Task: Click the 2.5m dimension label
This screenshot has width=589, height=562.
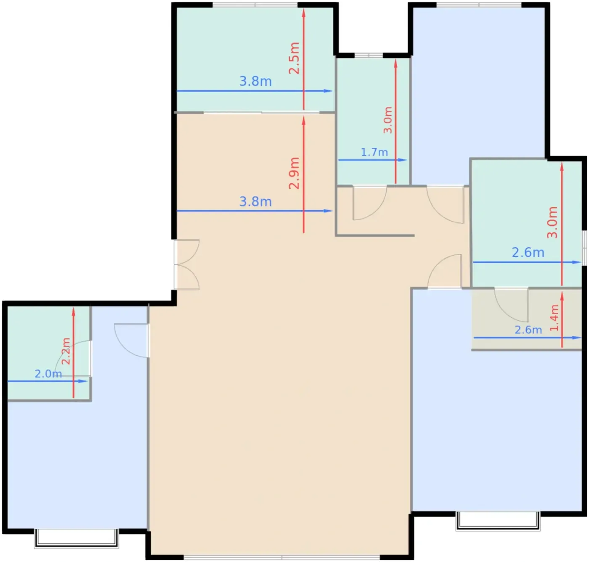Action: (294, 58)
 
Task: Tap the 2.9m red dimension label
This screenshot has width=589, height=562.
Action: (294, 173)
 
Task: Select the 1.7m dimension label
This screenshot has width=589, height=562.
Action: (374, 152)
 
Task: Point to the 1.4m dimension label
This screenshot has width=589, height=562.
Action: (554, 318)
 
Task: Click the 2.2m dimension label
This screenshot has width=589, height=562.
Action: (66, 351)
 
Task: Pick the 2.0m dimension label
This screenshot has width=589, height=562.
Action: (48, 374)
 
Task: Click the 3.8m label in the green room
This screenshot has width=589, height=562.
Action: (255, 81)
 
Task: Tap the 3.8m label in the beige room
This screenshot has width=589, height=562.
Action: (255, 201)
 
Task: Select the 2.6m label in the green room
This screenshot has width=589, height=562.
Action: (528, 252)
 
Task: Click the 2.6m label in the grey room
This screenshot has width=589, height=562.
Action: (528, 330)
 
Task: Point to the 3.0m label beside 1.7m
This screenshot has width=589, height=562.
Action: (387, 120)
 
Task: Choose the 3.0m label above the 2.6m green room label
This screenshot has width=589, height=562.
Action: (552, 222)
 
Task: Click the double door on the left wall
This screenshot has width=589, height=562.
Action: (186, 265)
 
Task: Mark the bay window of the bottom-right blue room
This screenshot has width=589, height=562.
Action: (498, 521)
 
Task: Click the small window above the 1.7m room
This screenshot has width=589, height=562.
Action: (369, 55)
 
